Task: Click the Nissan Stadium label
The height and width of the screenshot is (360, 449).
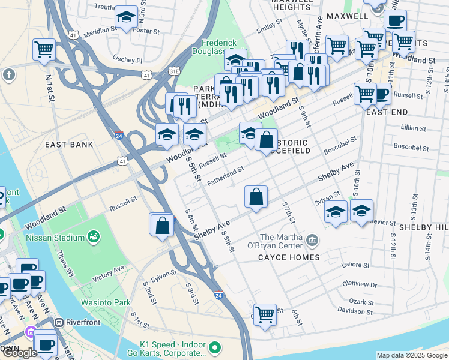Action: tap(54, 237)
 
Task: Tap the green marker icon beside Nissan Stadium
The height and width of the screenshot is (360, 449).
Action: tap(94, 237)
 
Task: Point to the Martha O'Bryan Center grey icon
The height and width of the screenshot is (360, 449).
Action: tap(312, 241)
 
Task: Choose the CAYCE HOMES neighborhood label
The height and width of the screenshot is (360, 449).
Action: tap(289, 257)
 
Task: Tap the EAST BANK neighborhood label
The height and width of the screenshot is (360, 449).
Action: tap(69, 145)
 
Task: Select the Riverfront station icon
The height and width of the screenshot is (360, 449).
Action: tap(59, 322)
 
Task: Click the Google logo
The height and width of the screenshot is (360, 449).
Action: tap(19, 353)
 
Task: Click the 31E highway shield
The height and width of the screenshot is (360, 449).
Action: tap(174, 71)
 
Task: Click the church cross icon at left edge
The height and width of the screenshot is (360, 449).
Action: tap(8, 75)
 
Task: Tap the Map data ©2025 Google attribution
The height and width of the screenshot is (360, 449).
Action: tap(411, 355)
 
